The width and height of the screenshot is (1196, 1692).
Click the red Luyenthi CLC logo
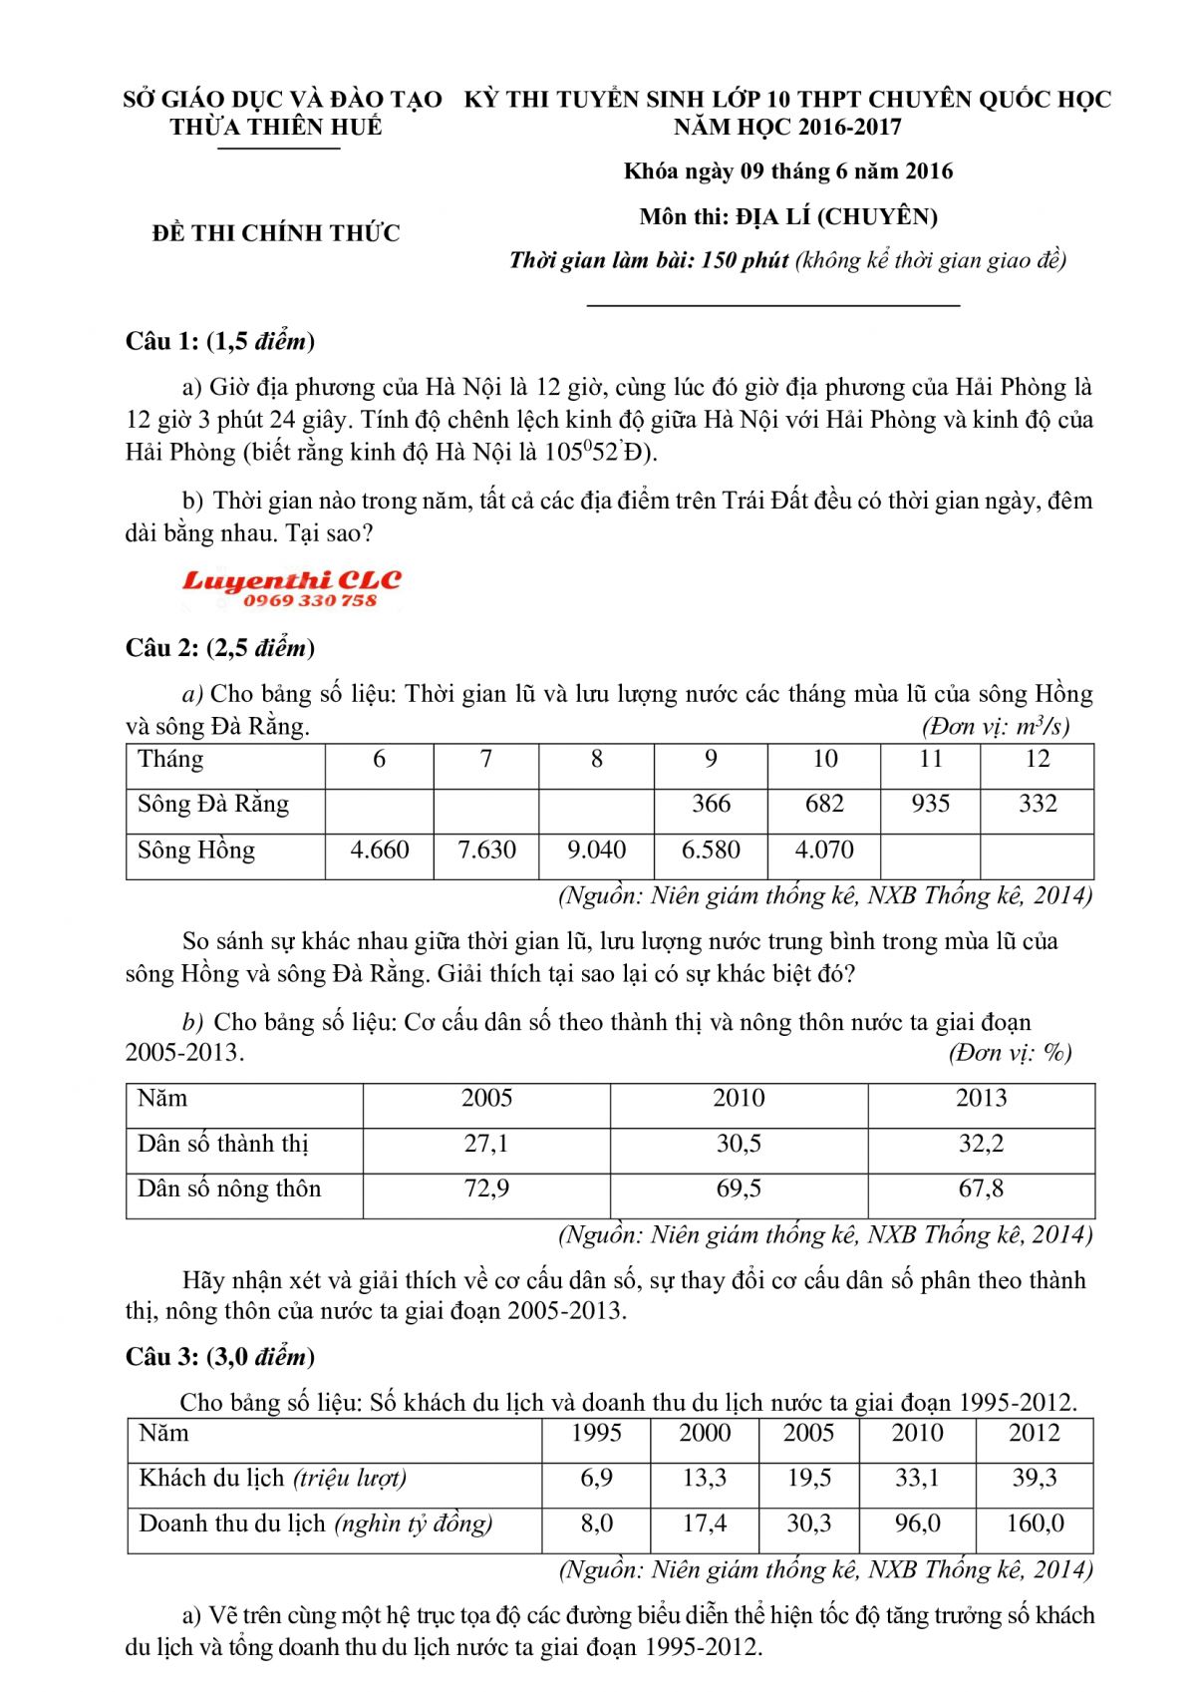(x=291, y=587)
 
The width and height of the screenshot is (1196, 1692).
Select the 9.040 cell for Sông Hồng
(x=596, y=849)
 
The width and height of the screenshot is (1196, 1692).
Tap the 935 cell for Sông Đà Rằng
(x=930, y=804)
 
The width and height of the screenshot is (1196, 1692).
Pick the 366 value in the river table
(x=711, y=804)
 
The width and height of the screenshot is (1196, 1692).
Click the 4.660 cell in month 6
(x=380, y=849)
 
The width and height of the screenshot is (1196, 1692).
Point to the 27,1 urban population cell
(x=486, y=1144)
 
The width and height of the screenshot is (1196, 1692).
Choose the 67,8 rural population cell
(x=981, y=1188)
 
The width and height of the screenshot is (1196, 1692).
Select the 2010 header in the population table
(x=739, y=1098)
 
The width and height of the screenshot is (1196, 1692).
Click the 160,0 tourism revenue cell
(x=1035, y=1523)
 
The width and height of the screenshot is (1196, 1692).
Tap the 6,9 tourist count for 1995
(x=596, y=1478)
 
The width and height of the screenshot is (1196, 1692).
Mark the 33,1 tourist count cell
(x=917, y=1478)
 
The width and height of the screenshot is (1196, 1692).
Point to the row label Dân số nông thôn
(x=229, y=1188)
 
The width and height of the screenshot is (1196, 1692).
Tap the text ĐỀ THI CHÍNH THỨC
(x=276, y=233)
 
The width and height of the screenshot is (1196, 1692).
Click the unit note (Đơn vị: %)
(x=1009, y=1053)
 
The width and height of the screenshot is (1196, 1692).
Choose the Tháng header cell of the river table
(x=170, y=759)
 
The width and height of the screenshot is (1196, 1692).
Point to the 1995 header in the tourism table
(x=596, y=1433)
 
